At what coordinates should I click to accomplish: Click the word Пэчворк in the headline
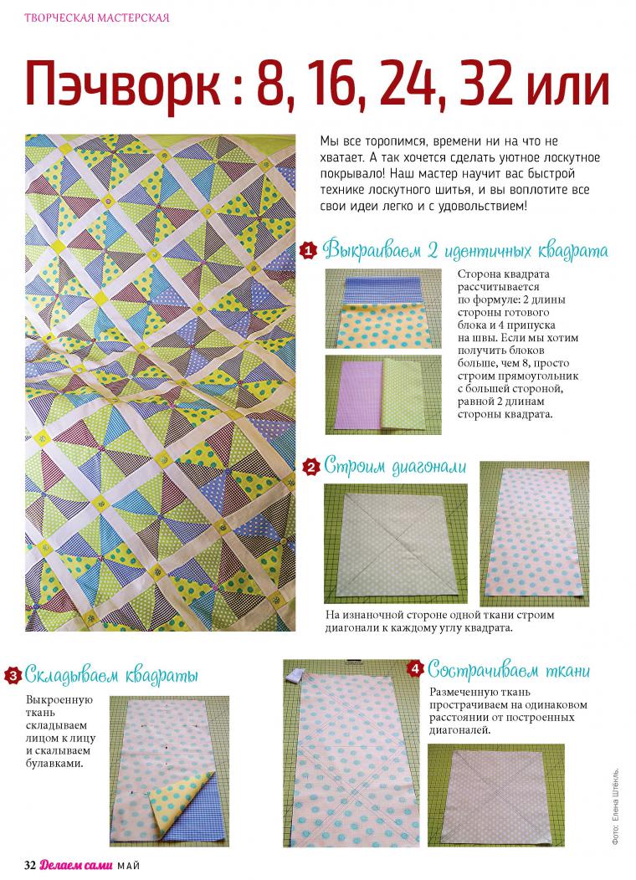(x=124, y=84)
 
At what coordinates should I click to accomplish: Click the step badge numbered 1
(x=308, y=250)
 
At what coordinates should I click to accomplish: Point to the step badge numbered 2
(x=310, y=467)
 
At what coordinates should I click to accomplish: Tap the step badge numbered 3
(x=13, y=674)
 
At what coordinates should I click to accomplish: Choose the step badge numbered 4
(x=415, y=669)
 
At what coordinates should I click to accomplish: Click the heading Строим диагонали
(x=395, y=467)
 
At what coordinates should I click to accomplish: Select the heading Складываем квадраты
(x=111, y=675)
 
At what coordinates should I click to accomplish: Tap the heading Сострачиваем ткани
(x=509, y=670)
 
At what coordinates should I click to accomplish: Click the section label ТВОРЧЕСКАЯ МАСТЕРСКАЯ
(x=96, y=18)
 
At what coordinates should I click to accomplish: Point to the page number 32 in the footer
(x=30, y=865)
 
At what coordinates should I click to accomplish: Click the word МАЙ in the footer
(x=129, y=866)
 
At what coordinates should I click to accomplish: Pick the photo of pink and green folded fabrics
(x=383, y=395)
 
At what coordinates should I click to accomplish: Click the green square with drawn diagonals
(x=396, y=543)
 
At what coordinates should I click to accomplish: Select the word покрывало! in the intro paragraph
(x=352, y=173)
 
